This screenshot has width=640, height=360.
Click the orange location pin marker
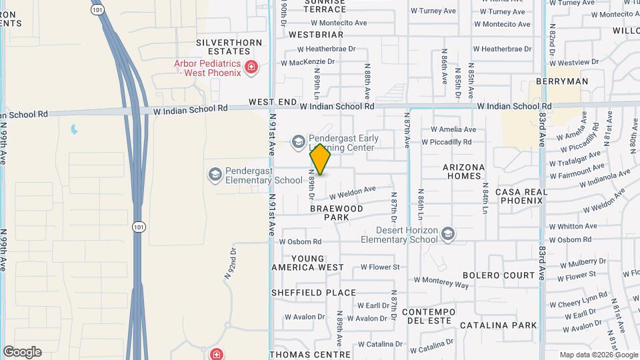point(321,159)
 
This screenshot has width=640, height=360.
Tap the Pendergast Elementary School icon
point(215,174)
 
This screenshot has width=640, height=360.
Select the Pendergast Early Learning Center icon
point(298,141)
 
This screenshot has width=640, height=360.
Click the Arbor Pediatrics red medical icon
point(251,67)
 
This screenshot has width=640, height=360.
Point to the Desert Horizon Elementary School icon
point(449,233)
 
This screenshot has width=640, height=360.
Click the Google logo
point(22,352)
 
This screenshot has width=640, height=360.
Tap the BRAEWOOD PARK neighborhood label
point(337,213)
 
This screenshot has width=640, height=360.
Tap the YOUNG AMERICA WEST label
point(308,263)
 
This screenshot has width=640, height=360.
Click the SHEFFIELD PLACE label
point(313,293)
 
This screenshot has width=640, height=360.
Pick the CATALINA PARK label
point(498,325)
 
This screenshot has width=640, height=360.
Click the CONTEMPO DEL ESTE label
point(428,317)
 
